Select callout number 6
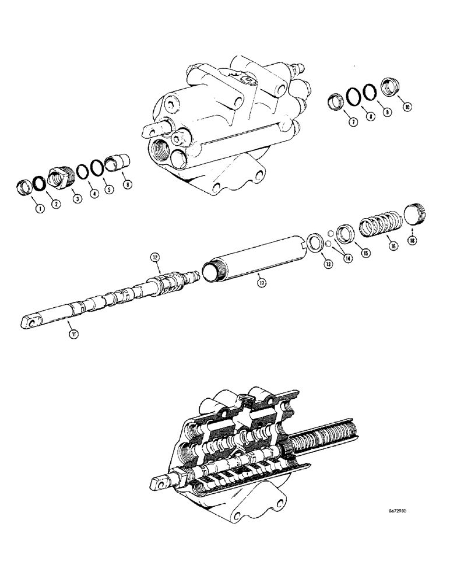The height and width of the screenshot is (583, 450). [x=128, y=185]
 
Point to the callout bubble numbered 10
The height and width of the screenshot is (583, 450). [x=406, y=107]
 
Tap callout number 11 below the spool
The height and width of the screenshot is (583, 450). [x=74, y=333]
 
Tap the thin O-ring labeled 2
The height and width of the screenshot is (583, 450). [x=39, y=185]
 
